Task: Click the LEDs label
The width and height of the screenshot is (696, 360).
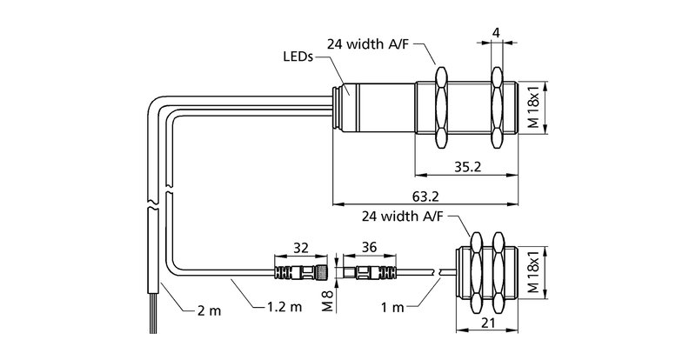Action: (x=298, y=57)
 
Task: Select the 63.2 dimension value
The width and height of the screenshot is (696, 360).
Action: (x=425, y=197)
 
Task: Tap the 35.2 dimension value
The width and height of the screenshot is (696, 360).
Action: (x=467, y=166)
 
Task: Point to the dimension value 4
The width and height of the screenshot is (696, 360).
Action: (x=497, y=32)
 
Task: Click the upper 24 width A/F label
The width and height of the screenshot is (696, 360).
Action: (x=368, y=44)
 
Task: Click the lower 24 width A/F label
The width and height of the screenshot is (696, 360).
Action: (x=402, y=217)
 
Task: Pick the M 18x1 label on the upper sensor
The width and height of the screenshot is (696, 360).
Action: (x=535, y=108)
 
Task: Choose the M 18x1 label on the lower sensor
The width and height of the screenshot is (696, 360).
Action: (x=535, y=272)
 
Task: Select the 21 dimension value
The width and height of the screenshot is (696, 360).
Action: (x=488, y=323)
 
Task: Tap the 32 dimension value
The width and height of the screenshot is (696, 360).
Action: (x=301, y=247)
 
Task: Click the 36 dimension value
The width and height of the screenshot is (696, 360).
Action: (x=369, y=247)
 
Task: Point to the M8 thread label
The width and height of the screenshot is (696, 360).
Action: (x=328, y=301)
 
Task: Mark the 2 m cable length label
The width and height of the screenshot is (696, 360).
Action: (x=209, y=310)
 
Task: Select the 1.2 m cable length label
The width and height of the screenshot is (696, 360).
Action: (x=284, y=306)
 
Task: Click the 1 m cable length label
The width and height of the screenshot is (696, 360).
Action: (x=393, y=307)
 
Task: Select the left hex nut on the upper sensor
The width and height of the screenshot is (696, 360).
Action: (x=441, y=108)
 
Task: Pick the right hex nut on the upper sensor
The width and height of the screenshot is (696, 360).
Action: (x=497, y=108)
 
